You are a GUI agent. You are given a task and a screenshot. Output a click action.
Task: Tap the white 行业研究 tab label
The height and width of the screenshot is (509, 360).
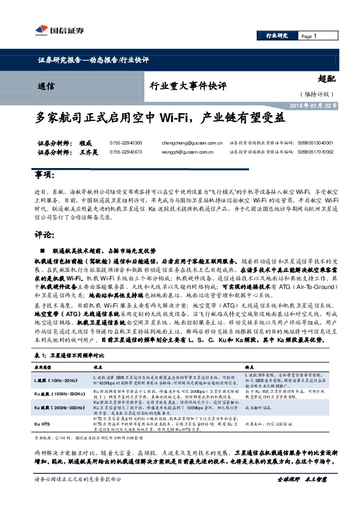[277, 36]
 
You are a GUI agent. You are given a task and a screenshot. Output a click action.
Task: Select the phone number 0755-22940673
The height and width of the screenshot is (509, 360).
[126, 152]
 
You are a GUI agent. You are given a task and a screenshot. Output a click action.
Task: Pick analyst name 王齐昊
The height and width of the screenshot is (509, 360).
[89, 152]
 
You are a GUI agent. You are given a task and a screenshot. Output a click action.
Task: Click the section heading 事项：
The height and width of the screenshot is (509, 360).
[42, 175]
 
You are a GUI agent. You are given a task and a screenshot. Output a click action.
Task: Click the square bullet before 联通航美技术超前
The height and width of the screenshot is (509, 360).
[42, 250]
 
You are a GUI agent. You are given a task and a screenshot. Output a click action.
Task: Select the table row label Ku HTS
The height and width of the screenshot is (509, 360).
[42, 424]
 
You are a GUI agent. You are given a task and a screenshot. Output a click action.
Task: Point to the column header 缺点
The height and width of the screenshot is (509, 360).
[249, 367]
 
